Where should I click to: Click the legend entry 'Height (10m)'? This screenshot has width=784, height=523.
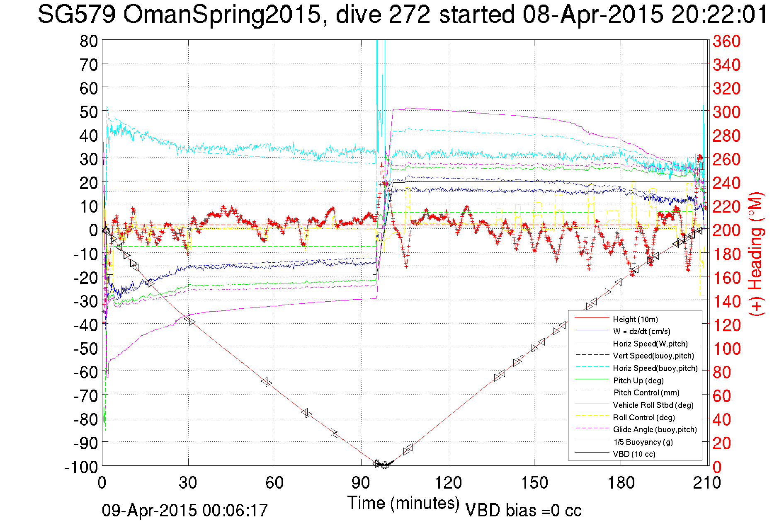(635, 319)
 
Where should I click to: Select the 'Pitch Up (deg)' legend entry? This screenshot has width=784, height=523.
(638, 380)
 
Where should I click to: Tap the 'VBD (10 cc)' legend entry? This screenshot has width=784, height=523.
(634, 454)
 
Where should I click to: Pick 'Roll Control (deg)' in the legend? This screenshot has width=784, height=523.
(643, 417)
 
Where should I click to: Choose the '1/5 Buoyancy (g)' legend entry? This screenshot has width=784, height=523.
(643, 442)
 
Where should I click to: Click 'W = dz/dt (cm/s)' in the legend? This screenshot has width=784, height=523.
(641, 331)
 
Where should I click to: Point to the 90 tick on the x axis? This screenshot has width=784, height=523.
(361, 483)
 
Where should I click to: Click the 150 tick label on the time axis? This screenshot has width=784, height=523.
(534, 483)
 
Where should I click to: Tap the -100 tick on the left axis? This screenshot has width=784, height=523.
(81, 467)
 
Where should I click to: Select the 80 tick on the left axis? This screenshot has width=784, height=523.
(88, 41)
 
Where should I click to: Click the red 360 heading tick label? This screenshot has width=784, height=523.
(726, 41)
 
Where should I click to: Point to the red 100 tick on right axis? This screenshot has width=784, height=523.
(726, 349)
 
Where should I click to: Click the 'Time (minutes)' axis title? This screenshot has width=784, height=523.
(403, 503)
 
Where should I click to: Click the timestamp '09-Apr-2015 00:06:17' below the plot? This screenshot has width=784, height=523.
(185, 511)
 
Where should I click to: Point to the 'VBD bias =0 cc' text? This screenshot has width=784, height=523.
(523, 511)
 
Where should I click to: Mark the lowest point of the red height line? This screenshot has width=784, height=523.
(384, 465)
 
